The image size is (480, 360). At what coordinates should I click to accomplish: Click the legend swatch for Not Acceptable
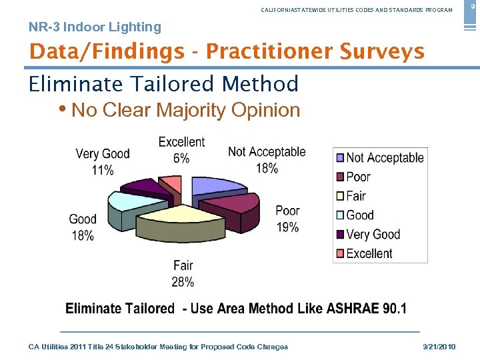[x=339, y=158]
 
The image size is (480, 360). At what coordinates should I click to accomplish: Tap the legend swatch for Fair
[x=339, y=196]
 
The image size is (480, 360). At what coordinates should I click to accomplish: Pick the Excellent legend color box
[x=339, y=253]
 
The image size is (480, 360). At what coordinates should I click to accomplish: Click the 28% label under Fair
[x=183, y=282]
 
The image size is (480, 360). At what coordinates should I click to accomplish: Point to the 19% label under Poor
[x=287, y=227]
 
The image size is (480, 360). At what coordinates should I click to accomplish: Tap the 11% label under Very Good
[x=103, y=171]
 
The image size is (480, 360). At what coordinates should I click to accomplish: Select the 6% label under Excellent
[x=181, y=159]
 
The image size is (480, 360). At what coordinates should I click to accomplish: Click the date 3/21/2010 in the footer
[x=439, y=347]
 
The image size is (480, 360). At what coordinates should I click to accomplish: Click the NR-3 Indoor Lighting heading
[x=95, y=27]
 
